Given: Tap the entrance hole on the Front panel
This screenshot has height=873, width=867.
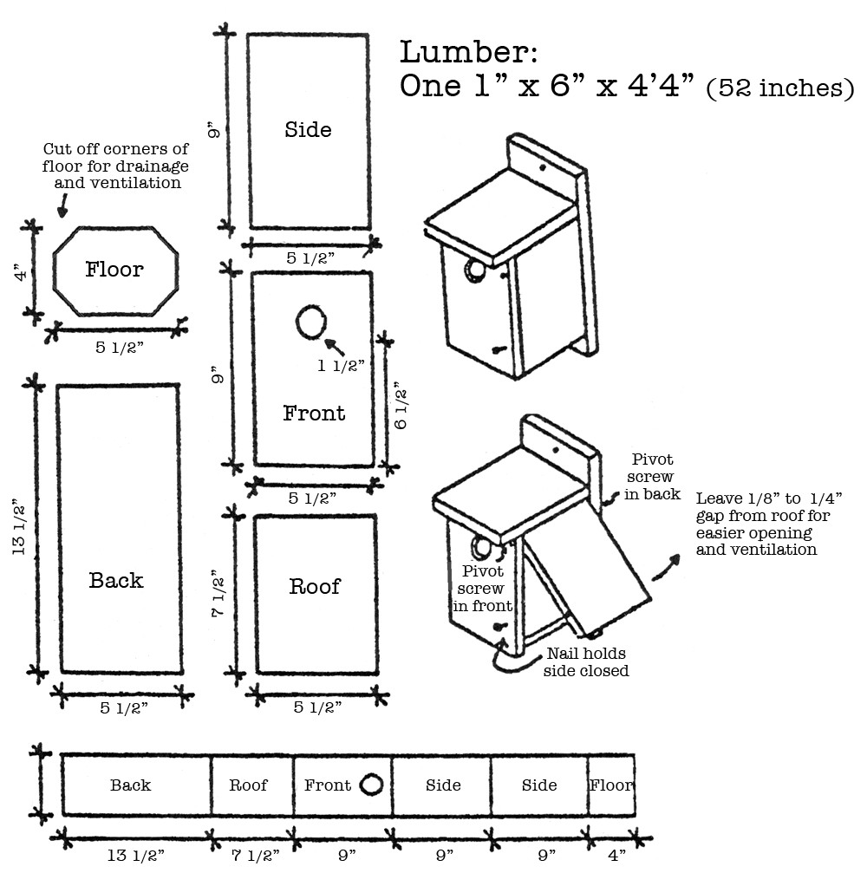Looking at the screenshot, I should [x=310, y=322].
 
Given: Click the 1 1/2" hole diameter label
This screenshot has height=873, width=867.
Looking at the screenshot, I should [x=340, y=365].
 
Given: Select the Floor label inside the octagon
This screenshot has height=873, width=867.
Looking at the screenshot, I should [x=114, y=270].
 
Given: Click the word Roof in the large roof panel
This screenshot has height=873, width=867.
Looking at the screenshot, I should [x=315, y=587].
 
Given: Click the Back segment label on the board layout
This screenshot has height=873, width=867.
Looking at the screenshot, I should [x=130, y=785].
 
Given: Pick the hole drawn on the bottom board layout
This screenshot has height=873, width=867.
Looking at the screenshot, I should [x=371, y=785].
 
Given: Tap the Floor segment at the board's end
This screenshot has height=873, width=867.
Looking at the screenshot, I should [x=611, y=785].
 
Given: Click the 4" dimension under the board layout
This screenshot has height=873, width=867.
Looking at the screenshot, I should [x=616, y=856].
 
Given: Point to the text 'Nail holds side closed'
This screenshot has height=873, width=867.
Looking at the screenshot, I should [x=585, y=661].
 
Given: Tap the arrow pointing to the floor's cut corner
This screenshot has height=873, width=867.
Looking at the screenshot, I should [x=62, y=206].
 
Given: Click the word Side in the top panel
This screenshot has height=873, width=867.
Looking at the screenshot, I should [x=308, y=130].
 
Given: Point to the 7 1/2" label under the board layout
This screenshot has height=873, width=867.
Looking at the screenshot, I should [x=255, y=856].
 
